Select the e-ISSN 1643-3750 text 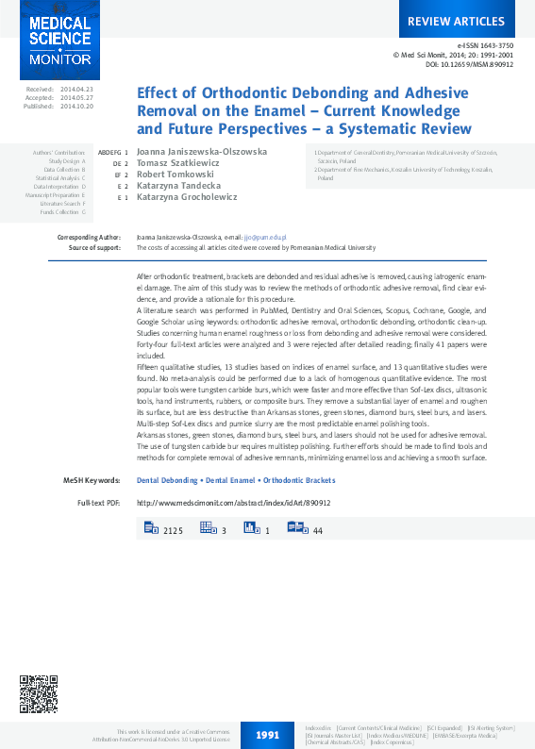tap(485, 45)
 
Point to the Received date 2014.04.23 tap(76, 89)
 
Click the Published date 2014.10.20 tap(76, 107)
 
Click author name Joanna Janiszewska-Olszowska tap(201, 151)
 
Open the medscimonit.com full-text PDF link tap(234, 503)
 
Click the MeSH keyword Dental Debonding tap(168, 480)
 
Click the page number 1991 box tap(267, 734)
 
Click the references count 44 tap(318, 532)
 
